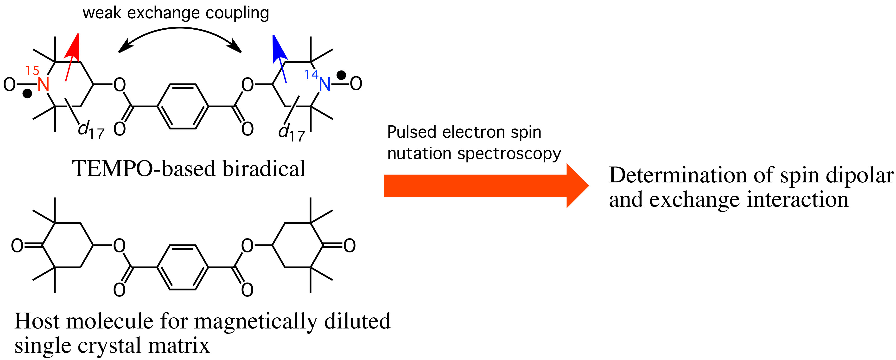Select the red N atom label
coord(43,84)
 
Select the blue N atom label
coord(324,84)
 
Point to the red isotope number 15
coord(32,71)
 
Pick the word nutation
coord(419,153)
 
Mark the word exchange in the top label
coord(163,13)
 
